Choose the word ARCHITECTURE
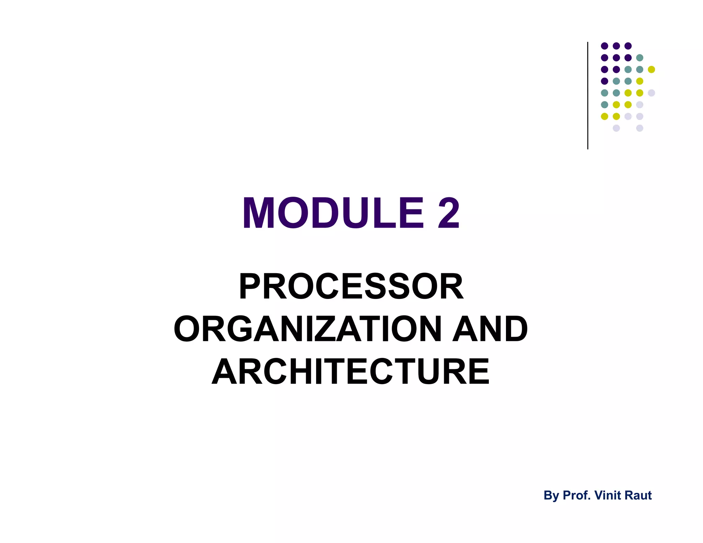pos(351,372)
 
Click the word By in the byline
pos(551,496)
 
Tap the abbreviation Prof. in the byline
pos(577,495)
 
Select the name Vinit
pos(607,495)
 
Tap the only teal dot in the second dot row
pos(639,58)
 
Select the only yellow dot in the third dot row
pos(651,69)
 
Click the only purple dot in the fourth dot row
pos(604,81)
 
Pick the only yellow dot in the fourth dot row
pos(639,81)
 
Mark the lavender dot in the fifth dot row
pos(651,93)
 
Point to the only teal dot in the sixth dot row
pos(604,104)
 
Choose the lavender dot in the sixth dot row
pos(639,104)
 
